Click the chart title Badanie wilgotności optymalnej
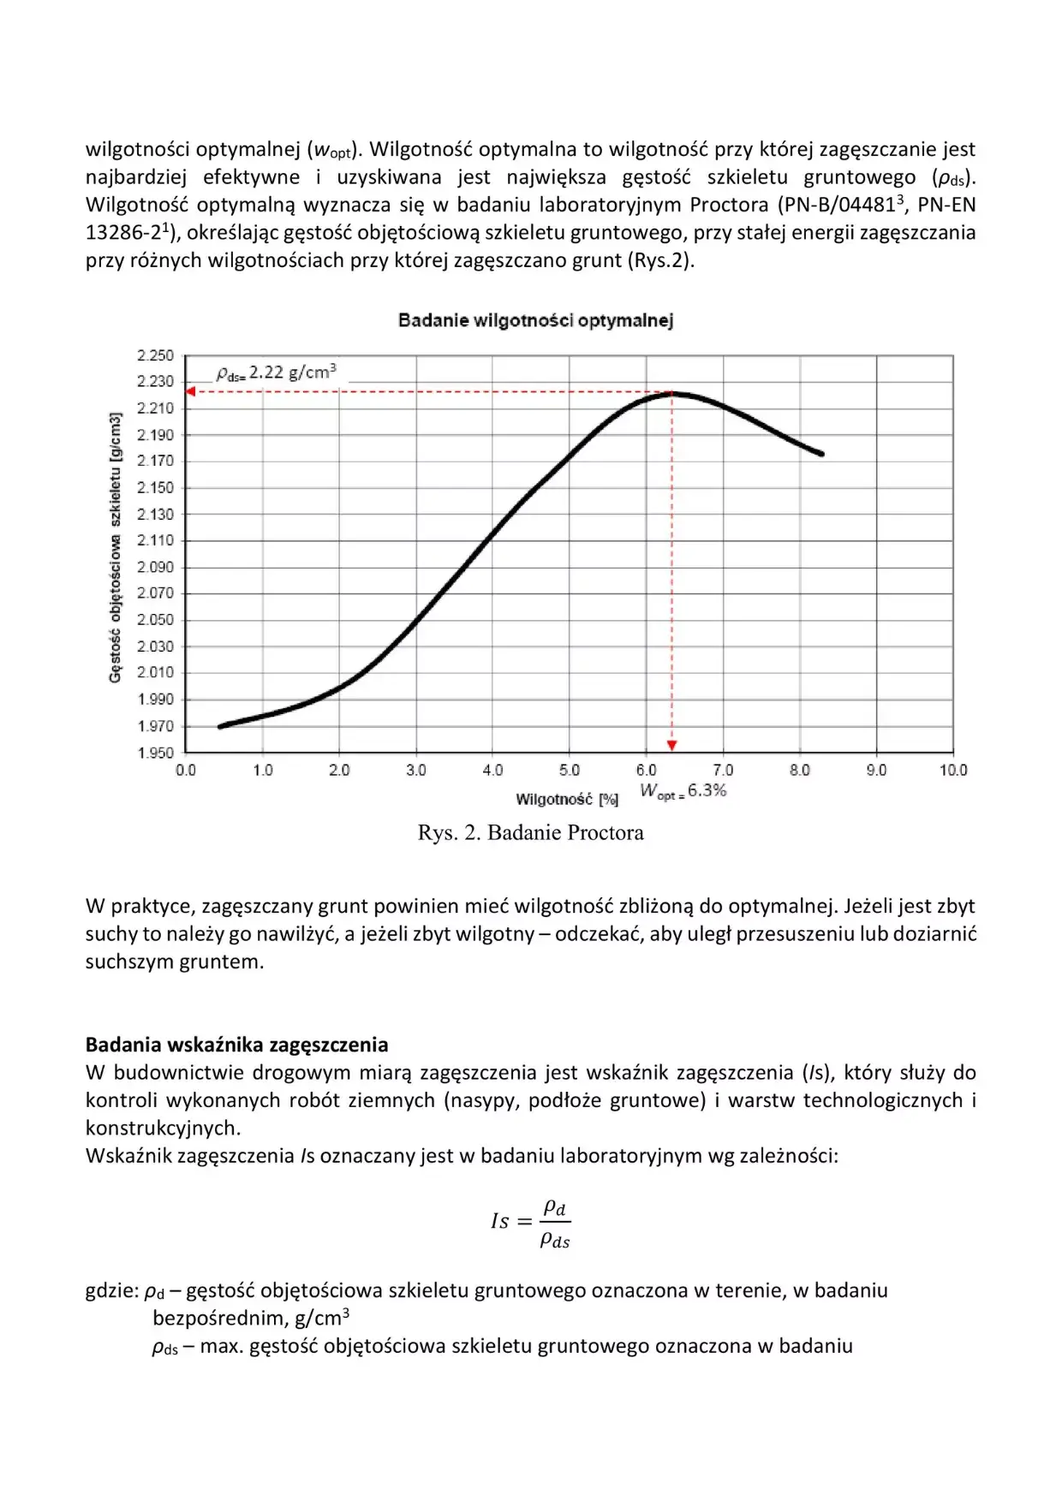pos(535,321)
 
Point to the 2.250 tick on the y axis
pos(155,355)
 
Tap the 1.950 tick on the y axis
pos(155,753)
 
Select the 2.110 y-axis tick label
pos(155,540)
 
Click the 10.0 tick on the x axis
pos(952,771)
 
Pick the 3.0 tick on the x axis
pos(416,771)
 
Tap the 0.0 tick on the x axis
pos(186,771)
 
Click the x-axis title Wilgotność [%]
pos(566,800)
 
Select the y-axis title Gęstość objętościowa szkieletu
pos(115,548)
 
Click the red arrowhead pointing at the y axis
pos(191,391)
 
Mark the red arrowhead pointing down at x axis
pos(672,746)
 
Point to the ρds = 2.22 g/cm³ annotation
pos(276,372)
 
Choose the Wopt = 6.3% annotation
pos(683,791)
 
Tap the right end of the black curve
pos(821,454)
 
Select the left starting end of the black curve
pos(221,726)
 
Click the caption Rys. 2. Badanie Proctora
pos(530,833)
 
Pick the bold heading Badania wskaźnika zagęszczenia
pos(236,1045)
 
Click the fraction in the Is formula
pos(555,1223)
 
